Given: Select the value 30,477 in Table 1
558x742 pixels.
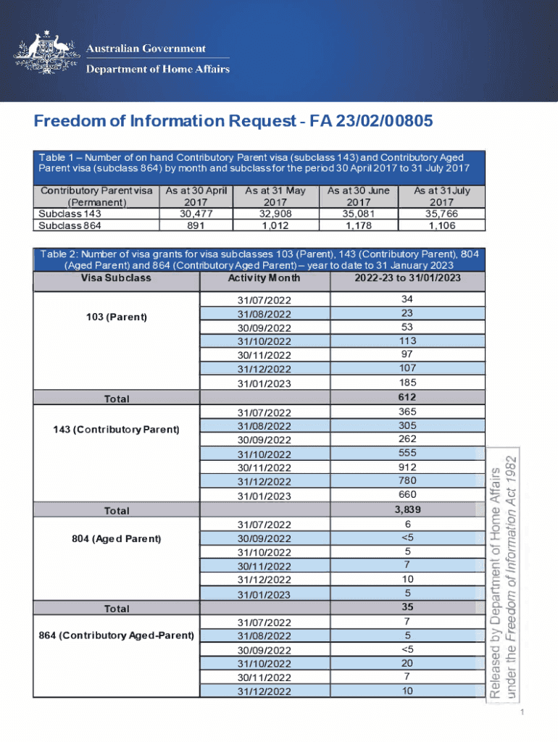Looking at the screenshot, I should pos(196,214).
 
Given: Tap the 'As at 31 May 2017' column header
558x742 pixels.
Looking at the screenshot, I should pos(275,196).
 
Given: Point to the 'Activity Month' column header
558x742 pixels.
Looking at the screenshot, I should pos(264,278).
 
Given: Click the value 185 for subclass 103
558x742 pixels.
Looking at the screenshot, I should pos(407,382).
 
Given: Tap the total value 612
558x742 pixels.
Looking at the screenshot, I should pos(407,397).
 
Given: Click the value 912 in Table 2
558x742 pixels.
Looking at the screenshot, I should pos(407,467).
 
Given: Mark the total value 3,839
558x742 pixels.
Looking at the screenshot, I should pos(407,509).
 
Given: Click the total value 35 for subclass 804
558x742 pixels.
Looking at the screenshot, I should pos(407,607).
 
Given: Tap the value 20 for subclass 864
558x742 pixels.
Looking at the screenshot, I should pos(407,663).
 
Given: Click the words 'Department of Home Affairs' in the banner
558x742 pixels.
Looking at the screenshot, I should pos(158,70).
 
